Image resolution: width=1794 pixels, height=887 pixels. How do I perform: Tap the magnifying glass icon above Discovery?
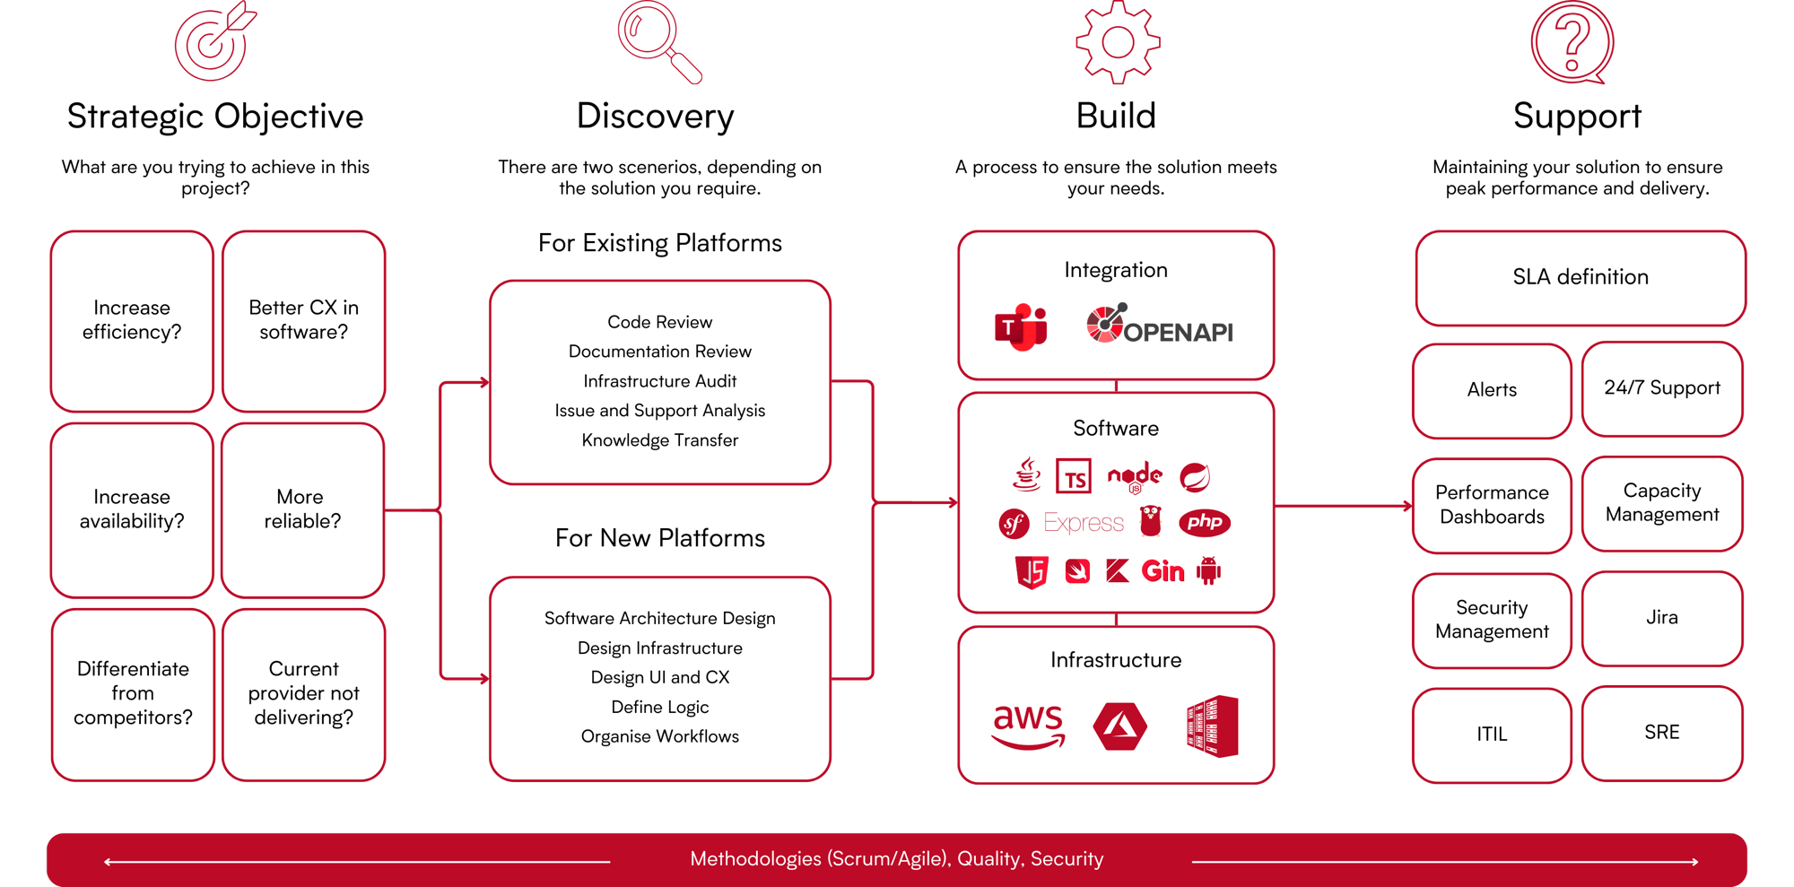(x=657, y=39)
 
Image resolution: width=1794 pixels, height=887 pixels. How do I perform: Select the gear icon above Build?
(x=1117, y=42)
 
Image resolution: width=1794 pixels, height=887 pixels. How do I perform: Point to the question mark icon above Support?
(x=1572, y=42)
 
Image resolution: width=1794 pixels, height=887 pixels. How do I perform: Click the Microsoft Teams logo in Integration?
(x=1021, y=327)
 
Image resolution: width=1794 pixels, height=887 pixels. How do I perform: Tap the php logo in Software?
(x=1204, y=522)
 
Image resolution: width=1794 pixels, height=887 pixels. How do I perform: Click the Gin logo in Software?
(x=1163, y=571)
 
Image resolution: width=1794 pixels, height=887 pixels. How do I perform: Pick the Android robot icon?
(x=1209, y=570)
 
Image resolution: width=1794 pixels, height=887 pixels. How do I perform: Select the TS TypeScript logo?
(x=1074, y=477)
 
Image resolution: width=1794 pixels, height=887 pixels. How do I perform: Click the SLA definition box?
(x=1581, y=278)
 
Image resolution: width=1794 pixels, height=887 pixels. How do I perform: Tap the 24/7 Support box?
(x=1662, y=388)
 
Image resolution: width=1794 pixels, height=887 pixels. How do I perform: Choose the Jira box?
(x=1662, y=618)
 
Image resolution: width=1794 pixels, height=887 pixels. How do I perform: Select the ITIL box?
(x=1492, y=735)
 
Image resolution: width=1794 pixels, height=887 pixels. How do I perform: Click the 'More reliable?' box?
(x=302, y=509)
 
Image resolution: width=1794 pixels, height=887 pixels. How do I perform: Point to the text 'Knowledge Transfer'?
(x=660, y=440)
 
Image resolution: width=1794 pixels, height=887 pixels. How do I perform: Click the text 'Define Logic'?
(x=660, y=707)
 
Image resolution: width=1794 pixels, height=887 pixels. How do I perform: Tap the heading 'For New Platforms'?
(x=660, y=538)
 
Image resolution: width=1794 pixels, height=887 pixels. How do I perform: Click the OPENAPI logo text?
(x=1178, y=333)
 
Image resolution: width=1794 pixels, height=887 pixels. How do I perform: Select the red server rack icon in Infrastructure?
(x=1213, y=726)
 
